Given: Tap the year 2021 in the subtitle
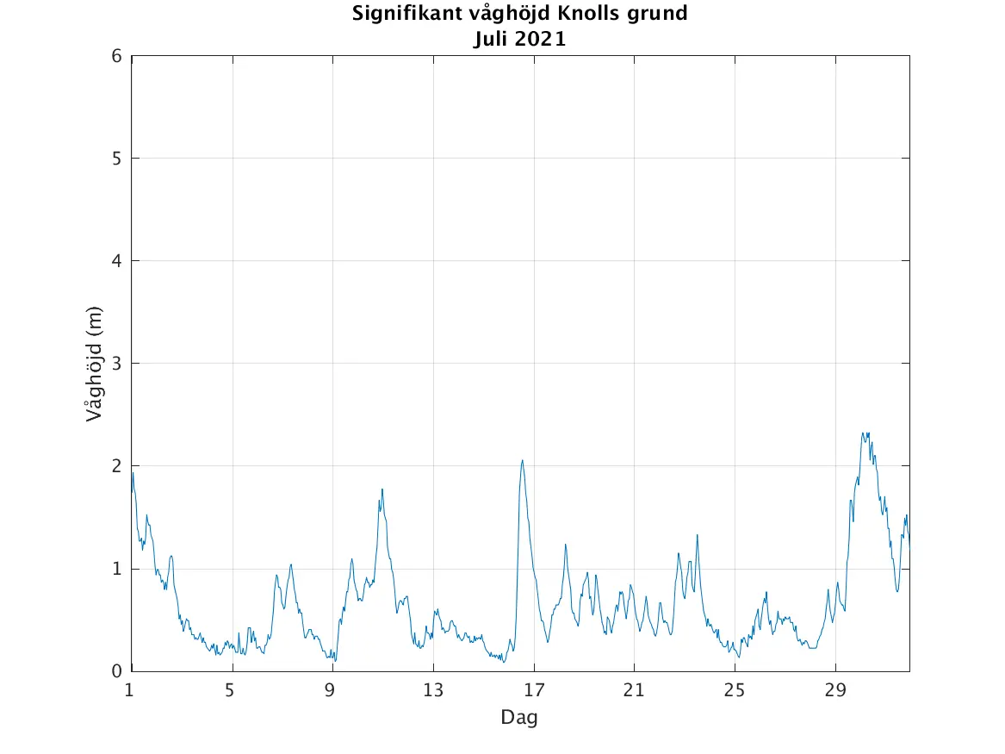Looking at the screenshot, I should (541, 39).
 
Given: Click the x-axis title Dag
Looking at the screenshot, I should (519, 717).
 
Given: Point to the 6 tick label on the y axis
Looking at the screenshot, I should (117, 56).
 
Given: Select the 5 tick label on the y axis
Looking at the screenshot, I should (117, 159).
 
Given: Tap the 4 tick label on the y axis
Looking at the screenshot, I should (117, 261).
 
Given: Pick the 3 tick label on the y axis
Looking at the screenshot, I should (117, 364).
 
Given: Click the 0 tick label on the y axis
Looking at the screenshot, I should (117, 671).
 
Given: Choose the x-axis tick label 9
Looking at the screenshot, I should (331, 690).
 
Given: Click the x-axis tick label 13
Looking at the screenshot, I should (433, 690).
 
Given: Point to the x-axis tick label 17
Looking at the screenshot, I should (534, 690).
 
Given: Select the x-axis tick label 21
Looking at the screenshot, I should (634, 690).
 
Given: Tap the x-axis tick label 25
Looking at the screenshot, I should (735, 690).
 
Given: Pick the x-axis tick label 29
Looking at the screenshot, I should (835, 690).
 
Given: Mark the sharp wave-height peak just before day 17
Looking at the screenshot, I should (522, 460).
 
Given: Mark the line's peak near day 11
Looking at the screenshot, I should (382, 489).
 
